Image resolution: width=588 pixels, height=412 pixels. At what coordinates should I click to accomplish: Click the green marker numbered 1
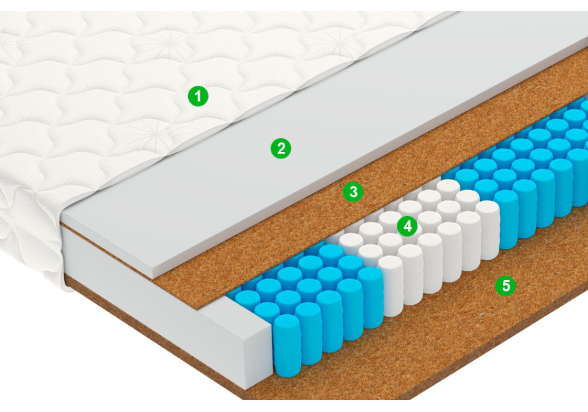click(198, 96)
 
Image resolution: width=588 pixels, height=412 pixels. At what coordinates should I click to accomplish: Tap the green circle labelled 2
click(281, 148)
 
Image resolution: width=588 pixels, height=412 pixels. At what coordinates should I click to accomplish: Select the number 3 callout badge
click(353, 192)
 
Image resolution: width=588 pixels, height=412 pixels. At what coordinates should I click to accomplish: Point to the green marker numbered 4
click(407, 226)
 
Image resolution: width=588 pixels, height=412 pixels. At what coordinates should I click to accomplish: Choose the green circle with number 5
click(506, 285)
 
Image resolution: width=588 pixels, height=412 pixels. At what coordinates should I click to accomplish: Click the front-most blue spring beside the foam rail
click(288, 345)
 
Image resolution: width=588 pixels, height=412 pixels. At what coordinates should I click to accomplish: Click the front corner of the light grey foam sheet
click(154, 278)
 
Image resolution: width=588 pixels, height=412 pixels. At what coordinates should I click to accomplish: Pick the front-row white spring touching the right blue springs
click(488, 230)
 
